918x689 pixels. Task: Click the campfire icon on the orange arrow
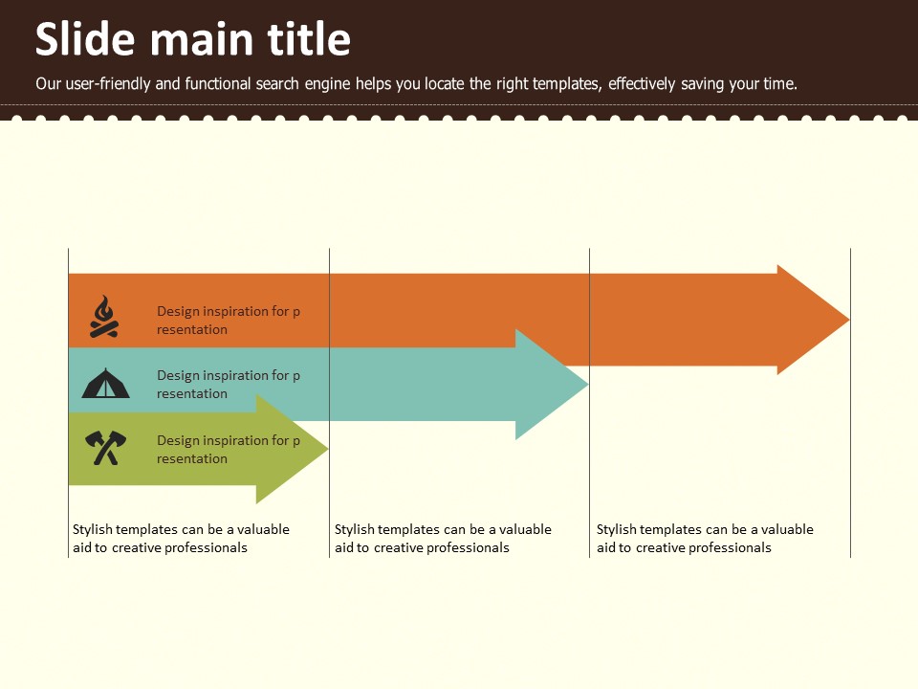(104, 317)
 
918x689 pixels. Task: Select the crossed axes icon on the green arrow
(105, 448)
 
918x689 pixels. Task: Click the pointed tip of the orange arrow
(849, 320)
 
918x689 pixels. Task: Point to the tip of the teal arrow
(588, 385)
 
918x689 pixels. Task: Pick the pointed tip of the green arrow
(328, 450)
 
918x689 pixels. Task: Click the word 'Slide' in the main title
(85, 39)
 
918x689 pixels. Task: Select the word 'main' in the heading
(202, 41)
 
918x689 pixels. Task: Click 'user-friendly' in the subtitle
(108, 84)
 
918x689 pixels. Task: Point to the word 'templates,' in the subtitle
(567, 84)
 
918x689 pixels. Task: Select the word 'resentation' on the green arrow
(192, 458)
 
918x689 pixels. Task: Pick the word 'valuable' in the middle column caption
(525, 529)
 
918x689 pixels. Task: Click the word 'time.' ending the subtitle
(780, 84)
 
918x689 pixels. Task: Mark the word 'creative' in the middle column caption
(398, 547)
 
